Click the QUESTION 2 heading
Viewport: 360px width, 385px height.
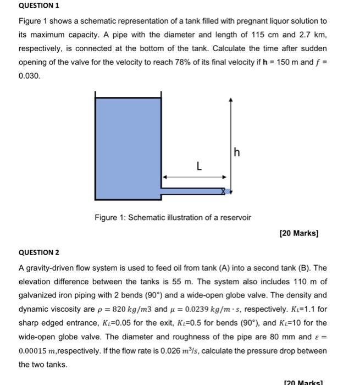pos(39,254)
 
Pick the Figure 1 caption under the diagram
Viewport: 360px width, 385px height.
pos(173,217)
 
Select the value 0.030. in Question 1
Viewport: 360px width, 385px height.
pos(29,76)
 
